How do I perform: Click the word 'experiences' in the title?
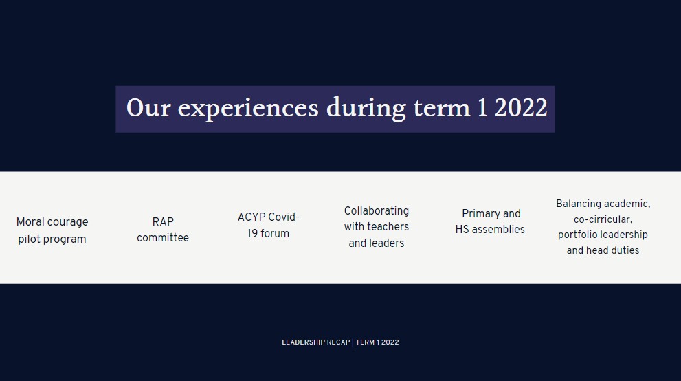pyautogui.click(x=248, y=109)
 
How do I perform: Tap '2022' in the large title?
pyautogui.click(x=521, y=108)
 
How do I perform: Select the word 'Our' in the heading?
pyautogui.click(x=148, y=108)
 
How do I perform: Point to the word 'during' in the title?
pyautogui.click(x=366, y=109)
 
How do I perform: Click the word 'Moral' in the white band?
pyautogui.click(x=30, y=222)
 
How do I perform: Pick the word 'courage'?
pyautogui.click(x=68, y=223)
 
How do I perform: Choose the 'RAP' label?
pyautogui.click(x=163, y=222)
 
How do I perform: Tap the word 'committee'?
pyautogui.click(x=163, y=238)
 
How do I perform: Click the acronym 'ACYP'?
pyautogui.click(x=252, y=217)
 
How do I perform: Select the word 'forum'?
pyautogui.click(x=275, y=234)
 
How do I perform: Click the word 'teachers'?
pyautogui.click(x=389, y=227)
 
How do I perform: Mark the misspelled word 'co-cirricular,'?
pyautogui.click(x=603, y=220)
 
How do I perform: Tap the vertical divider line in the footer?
pyautogui.click(x=353, y=342)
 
